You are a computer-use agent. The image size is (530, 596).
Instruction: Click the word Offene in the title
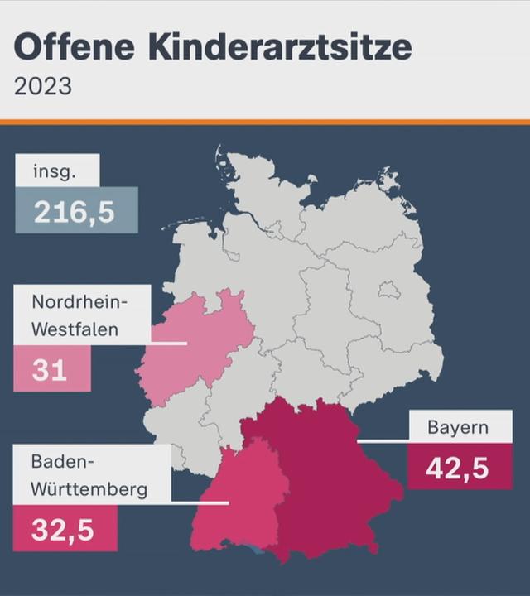tap(75, 47)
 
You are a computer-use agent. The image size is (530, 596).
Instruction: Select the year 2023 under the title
tap(42, 86)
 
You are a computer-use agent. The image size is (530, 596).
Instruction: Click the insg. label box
tap(57, 172)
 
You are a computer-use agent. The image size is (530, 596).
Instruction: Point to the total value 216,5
tap(75, 212)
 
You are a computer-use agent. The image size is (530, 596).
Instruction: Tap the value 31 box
tap(51, 370)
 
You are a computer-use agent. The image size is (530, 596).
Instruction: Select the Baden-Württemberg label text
tap(89, 474)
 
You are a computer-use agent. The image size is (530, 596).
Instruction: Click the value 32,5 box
tap(64, 529)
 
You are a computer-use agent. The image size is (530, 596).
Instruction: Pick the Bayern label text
tap(458, 428)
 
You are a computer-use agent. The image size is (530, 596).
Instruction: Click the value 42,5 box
tap(458, 468)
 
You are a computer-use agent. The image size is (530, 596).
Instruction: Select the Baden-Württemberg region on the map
tap(240, 497)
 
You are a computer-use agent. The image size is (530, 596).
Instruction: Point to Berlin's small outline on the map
tap(388, 290)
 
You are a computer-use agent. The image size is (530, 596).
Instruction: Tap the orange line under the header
tap(265, 122)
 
